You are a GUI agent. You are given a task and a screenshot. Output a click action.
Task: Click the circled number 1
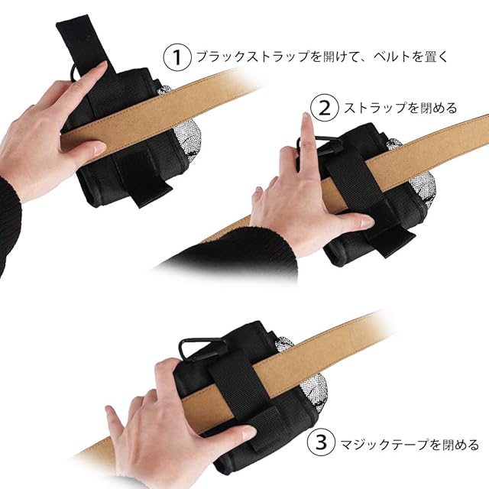[177, 57]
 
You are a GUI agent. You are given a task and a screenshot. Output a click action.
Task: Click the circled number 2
[325, 108]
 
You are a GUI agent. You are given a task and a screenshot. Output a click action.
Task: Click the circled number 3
[321, 443]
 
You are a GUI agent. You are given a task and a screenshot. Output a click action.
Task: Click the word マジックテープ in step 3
[384, 444]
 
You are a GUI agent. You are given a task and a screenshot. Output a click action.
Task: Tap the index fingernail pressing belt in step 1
[99, 148]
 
